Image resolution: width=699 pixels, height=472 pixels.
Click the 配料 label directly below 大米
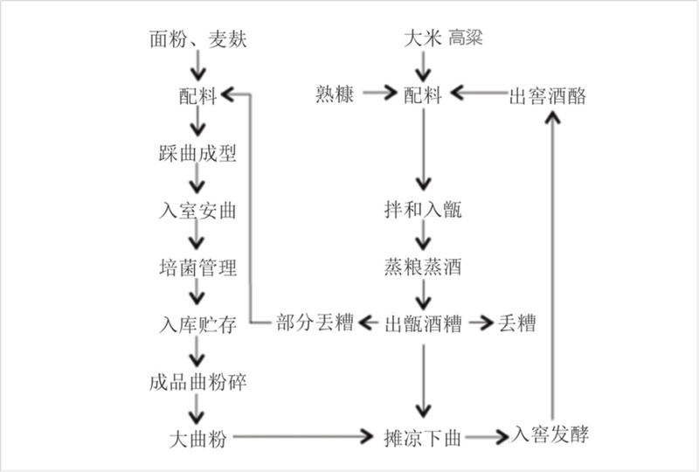[423, 94]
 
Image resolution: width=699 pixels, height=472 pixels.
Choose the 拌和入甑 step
[423, 210]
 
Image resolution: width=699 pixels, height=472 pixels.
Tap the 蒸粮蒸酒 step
[423, 267]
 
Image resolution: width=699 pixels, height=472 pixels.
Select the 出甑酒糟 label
[423, 323]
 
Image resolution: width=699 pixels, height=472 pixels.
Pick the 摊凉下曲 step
[423, 438]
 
